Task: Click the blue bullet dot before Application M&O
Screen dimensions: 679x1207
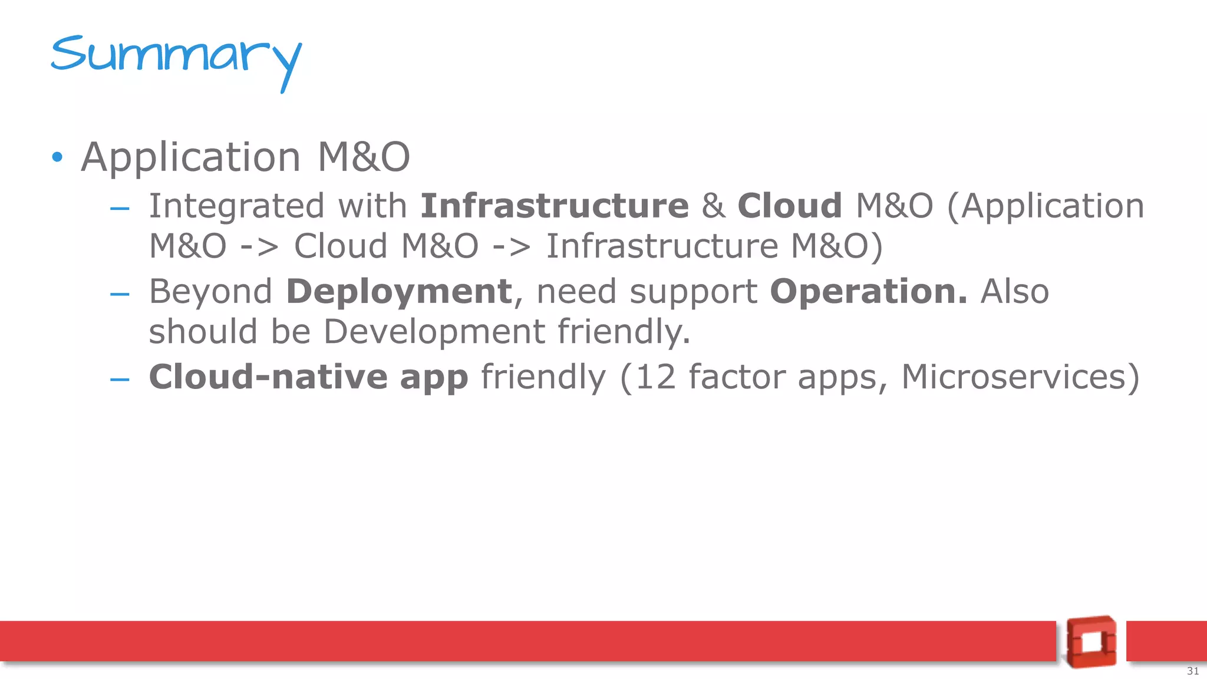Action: [57, 157]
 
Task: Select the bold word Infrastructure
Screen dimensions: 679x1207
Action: [554, 206]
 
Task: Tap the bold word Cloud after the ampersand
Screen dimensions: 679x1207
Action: [789, 206]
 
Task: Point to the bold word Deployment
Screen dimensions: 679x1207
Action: [399, 292]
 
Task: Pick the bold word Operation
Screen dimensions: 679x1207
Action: [868, 292]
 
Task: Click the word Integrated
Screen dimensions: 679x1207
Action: [236, 206]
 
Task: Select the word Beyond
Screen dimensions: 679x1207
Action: [210, 292]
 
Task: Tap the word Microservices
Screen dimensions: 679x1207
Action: [1020, 377]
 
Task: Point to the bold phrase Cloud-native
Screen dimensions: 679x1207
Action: [268, 377]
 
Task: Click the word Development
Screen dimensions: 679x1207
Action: [434, 332]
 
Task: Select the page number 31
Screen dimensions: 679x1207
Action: [1192, 671]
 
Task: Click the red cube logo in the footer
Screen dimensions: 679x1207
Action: [1091, 641]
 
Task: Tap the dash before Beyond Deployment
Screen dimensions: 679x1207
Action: [120, 294]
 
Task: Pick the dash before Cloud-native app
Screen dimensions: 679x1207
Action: [120, 379]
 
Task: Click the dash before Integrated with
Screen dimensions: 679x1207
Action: [120, 208]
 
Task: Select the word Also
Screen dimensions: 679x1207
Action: [1014, 292]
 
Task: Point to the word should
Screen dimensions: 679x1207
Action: [203, 332]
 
